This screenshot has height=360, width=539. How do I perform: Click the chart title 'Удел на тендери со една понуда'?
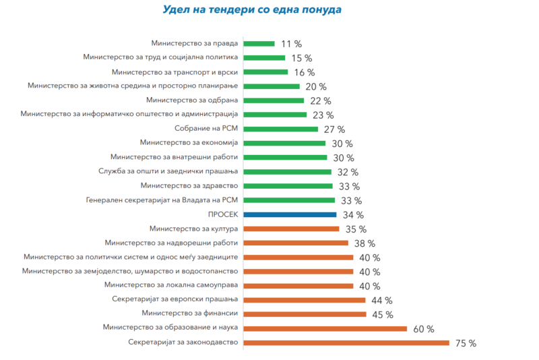(x=252, y=10)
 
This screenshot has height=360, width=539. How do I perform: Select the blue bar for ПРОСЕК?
(x=290, y=214)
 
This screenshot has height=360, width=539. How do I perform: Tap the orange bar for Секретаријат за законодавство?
(x=346, y=342)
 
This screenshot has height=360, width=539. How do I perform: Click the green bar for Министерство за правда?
(x=259, y=43)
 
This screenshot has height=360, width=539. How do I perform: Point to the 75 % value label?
(x=466, y=343)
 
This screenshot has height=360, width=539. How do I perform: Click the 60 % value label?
(x=423, y=329)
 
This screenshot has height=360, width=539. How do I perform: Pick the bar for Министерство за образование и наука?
(x=325, y=328)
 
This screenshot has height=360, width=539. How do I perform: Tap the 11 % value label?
(x=292, y=44)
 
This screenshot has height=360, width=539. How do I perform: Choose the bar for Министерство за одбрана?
(x=276, y=100)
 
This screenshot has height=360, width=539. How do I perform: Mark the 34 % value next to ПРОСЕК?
(x=353, y=215)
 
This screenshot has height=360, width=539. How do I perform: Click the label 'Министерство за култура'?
(x=193, y=229)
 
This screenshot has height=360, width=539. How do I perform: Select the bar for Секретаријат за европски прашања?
(x=304, y=300)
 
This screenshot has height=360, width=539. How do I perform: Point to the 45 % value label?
(x=383, y=315)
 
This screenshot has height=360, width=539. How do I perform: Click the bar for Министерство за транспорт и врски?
(x=265, y=72)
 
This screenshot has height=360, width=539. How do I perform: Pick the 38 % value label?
(x=364, y=243)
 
